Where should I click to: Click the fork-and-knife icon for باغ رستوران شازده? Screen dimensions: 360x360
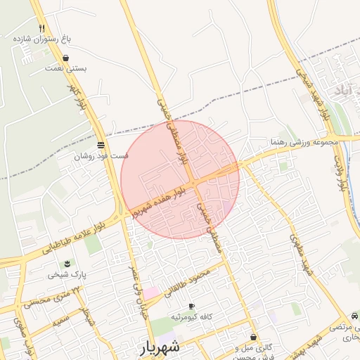[42, 28]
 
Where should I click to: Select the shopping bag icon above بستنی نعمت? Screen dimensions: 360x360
[65, 58]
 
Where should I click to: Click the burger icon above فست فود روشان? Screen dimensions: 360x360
[102, 144]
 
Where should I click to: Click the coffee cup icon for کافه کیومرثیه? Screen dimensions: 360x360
[191, 307]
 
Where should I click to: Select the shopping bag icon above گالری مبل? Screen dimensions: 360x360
[253, 337]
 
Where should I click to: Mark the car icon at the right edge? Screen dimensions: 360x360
[354, 316]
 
